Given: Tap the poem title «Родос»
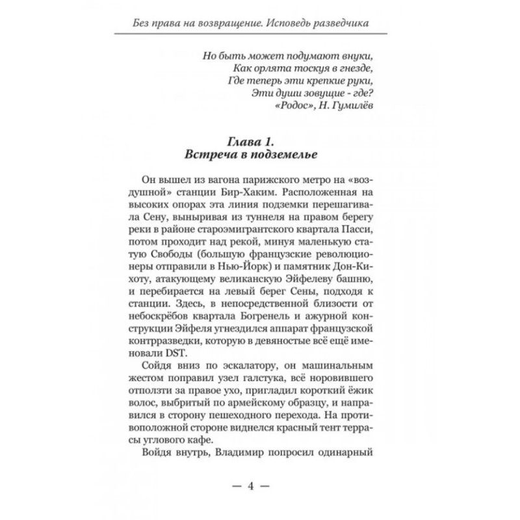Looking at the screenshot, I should tap(288, 107).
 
